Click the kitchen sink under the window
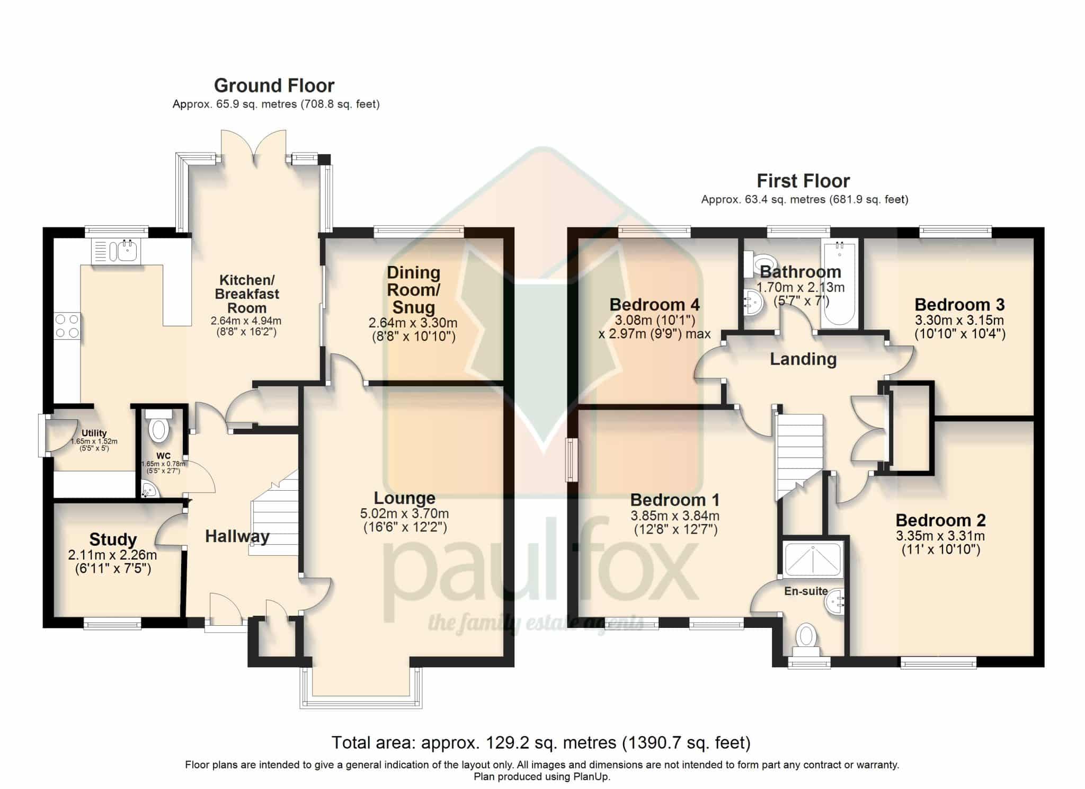(x=115, y=251)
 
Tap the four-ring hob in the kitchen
(x=67, y=326)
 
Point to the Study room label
(x=113, y=539)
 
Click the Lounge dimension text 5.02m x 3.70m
(x=405, y=513)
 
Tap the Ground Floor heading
(x=274, y=85)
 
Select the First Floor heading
(x=803, y=181)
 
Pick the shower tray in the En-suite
(x=813, y=560)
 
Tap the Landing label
(x=803, y=359)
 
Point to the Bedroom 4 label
(x=654, y=305)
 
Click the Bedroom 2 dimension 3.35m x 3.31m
(x=940, y=536)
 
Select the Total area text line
(x=541, y=743)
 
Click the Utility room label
(x=94, y=433)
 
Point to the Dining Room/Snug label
(x=413, y=290)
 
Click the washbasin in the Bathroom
(x=753, y=303)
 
